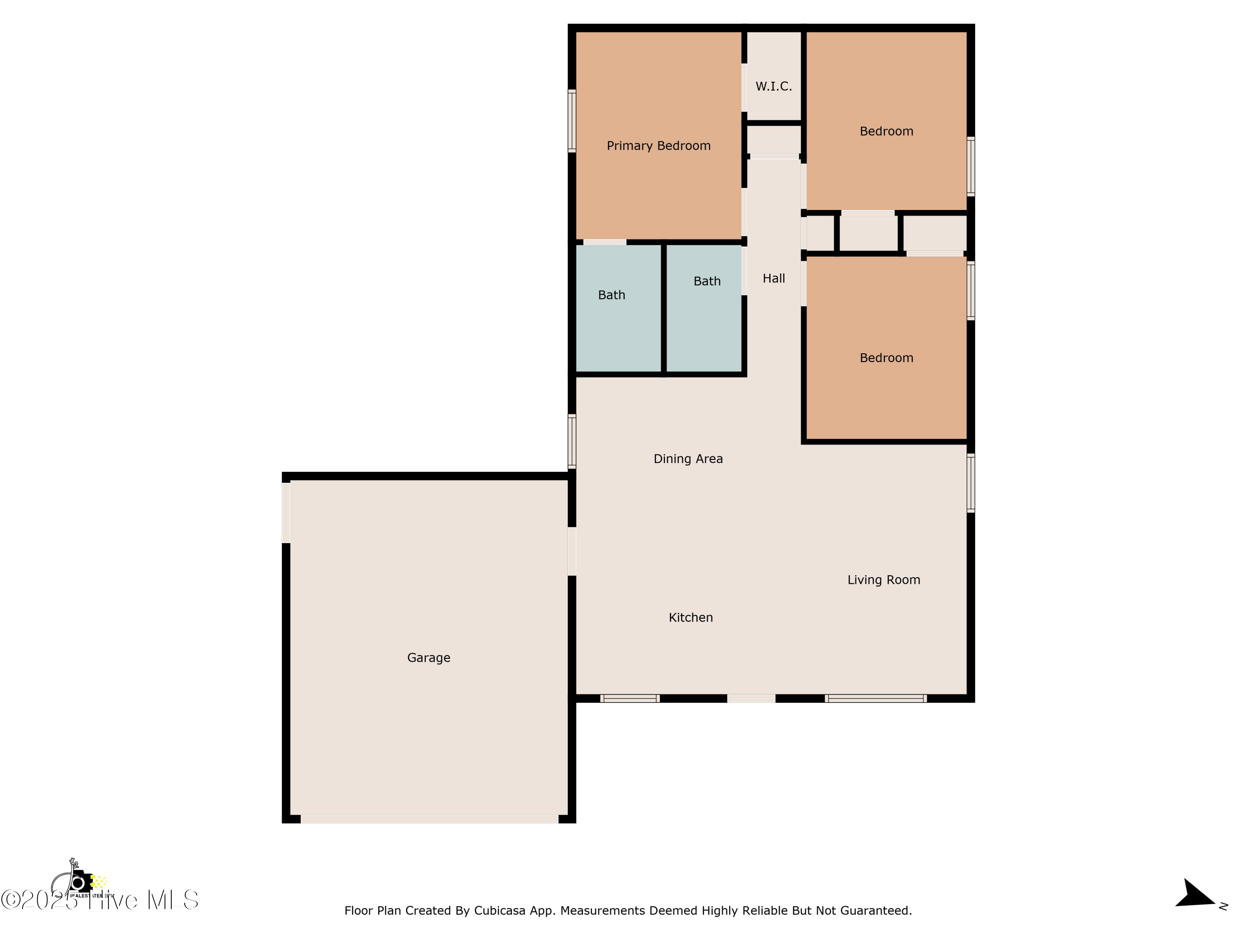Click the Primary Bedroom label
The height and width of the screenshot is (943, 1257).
coord(658,146)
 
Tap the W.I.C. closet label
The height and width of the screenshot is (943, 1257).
coord(773,86)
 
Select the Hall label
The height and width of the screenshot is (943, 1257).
coord(773,279)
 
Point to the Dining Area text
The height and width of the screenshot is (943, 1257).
coord(688,459)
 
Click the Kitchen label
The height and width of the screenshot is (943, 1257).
coord(691,617)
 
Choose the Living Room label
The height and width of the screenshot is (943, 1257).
coord(883,580)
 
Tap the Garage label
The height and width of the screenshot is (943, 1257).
coord(429,658)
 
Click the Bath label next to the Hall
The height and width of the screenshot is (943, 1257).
coord(707,281)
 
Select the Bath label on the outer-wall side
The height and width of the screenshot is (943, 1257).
coord(611,295)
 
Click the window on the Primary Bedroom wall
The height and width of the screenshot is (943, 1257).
coord(572,121)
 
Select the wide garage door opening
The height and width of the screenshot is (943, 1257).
coord(429,819)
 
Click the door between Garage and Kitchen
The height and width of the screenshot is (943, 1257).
coord(572,552)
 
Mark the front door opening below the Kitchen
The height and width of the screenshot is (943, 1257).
coord(751,699)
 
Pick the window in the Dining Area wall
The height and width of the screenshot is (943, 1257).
coord(572,441)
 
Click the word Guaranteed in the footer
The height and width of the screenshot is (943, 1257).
coord(875,911)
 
